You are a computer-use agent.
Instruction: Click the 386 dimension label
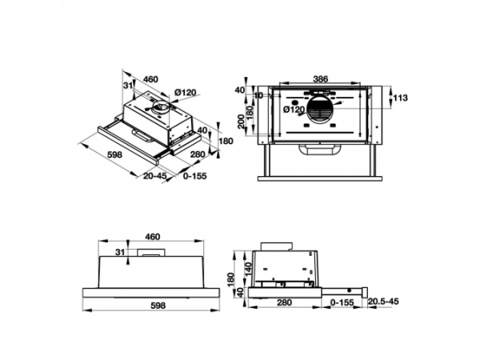(321, 79)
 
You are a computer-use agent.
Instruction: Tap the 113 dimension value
(401, 98)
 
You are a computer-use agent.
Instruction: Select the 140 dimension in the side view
(248, 268)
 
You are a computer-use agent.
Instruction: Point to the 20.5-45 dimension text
(383, 302)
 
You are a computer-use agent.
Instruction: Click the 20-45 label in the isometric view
(155, 176)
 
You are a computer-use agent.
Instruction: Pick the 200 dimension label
(242, 122)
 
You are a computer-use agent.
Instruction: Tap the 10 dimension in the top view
(258, 95)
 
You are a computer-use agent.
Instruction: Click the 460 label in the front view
(153, 237)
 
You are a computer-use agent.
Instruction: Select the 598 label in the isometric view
(114, 154)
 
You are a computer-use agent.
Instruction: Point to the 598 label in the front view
(158, 306)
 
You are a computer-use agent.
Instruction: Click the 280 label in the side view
(284, 302)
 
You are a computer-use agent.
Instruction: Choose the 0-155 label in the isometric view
(195, 176)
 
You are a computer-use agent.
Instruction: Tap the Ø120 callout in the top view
(294, 110)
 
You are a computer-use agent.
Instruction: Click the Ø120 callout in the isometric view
(186, 92)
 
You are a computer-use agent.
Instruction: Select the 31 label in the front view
(120, 252)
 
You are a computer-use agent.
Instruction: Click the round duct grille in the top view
(320, 110)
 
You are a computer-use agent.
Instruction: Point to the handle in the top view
(320, 150)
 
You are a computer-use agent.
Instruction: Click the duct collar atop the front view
(151, 253)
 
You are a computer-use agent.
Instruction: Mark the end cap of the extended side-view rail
(365, 292)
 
